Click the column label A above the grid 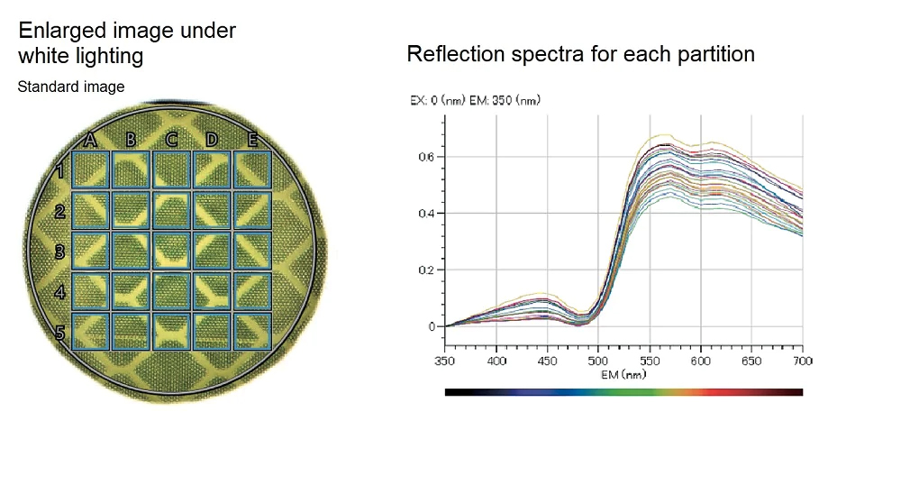tap(90, 140)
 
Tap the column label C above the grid tap(171, 140)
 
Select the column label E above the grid tap(252, 140)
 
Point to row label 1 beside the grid tap(59, 171)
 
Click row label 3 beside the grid tap(59, 252)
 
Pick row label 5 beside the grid tap(59, 334)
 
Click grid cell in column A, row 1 tap(90, 169)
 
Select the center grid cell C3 tap(171, 251)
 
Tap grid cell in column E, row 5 tap(252, 331)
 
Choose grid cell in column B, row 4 tap(131, 291)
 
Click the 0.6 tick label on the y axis tap(427, 157)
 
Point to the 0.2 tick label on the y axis tap(427, 270)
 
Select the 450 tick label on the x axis tap(547, 361)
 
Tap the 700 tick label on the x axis tap(802, 361)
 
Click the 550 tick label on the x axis tap(649, 361)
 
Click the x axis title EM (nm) tap(623, 373)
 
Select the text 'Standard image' tap(71, 87)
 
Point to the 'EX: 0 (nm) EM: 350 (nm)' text tap(475, 100)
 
